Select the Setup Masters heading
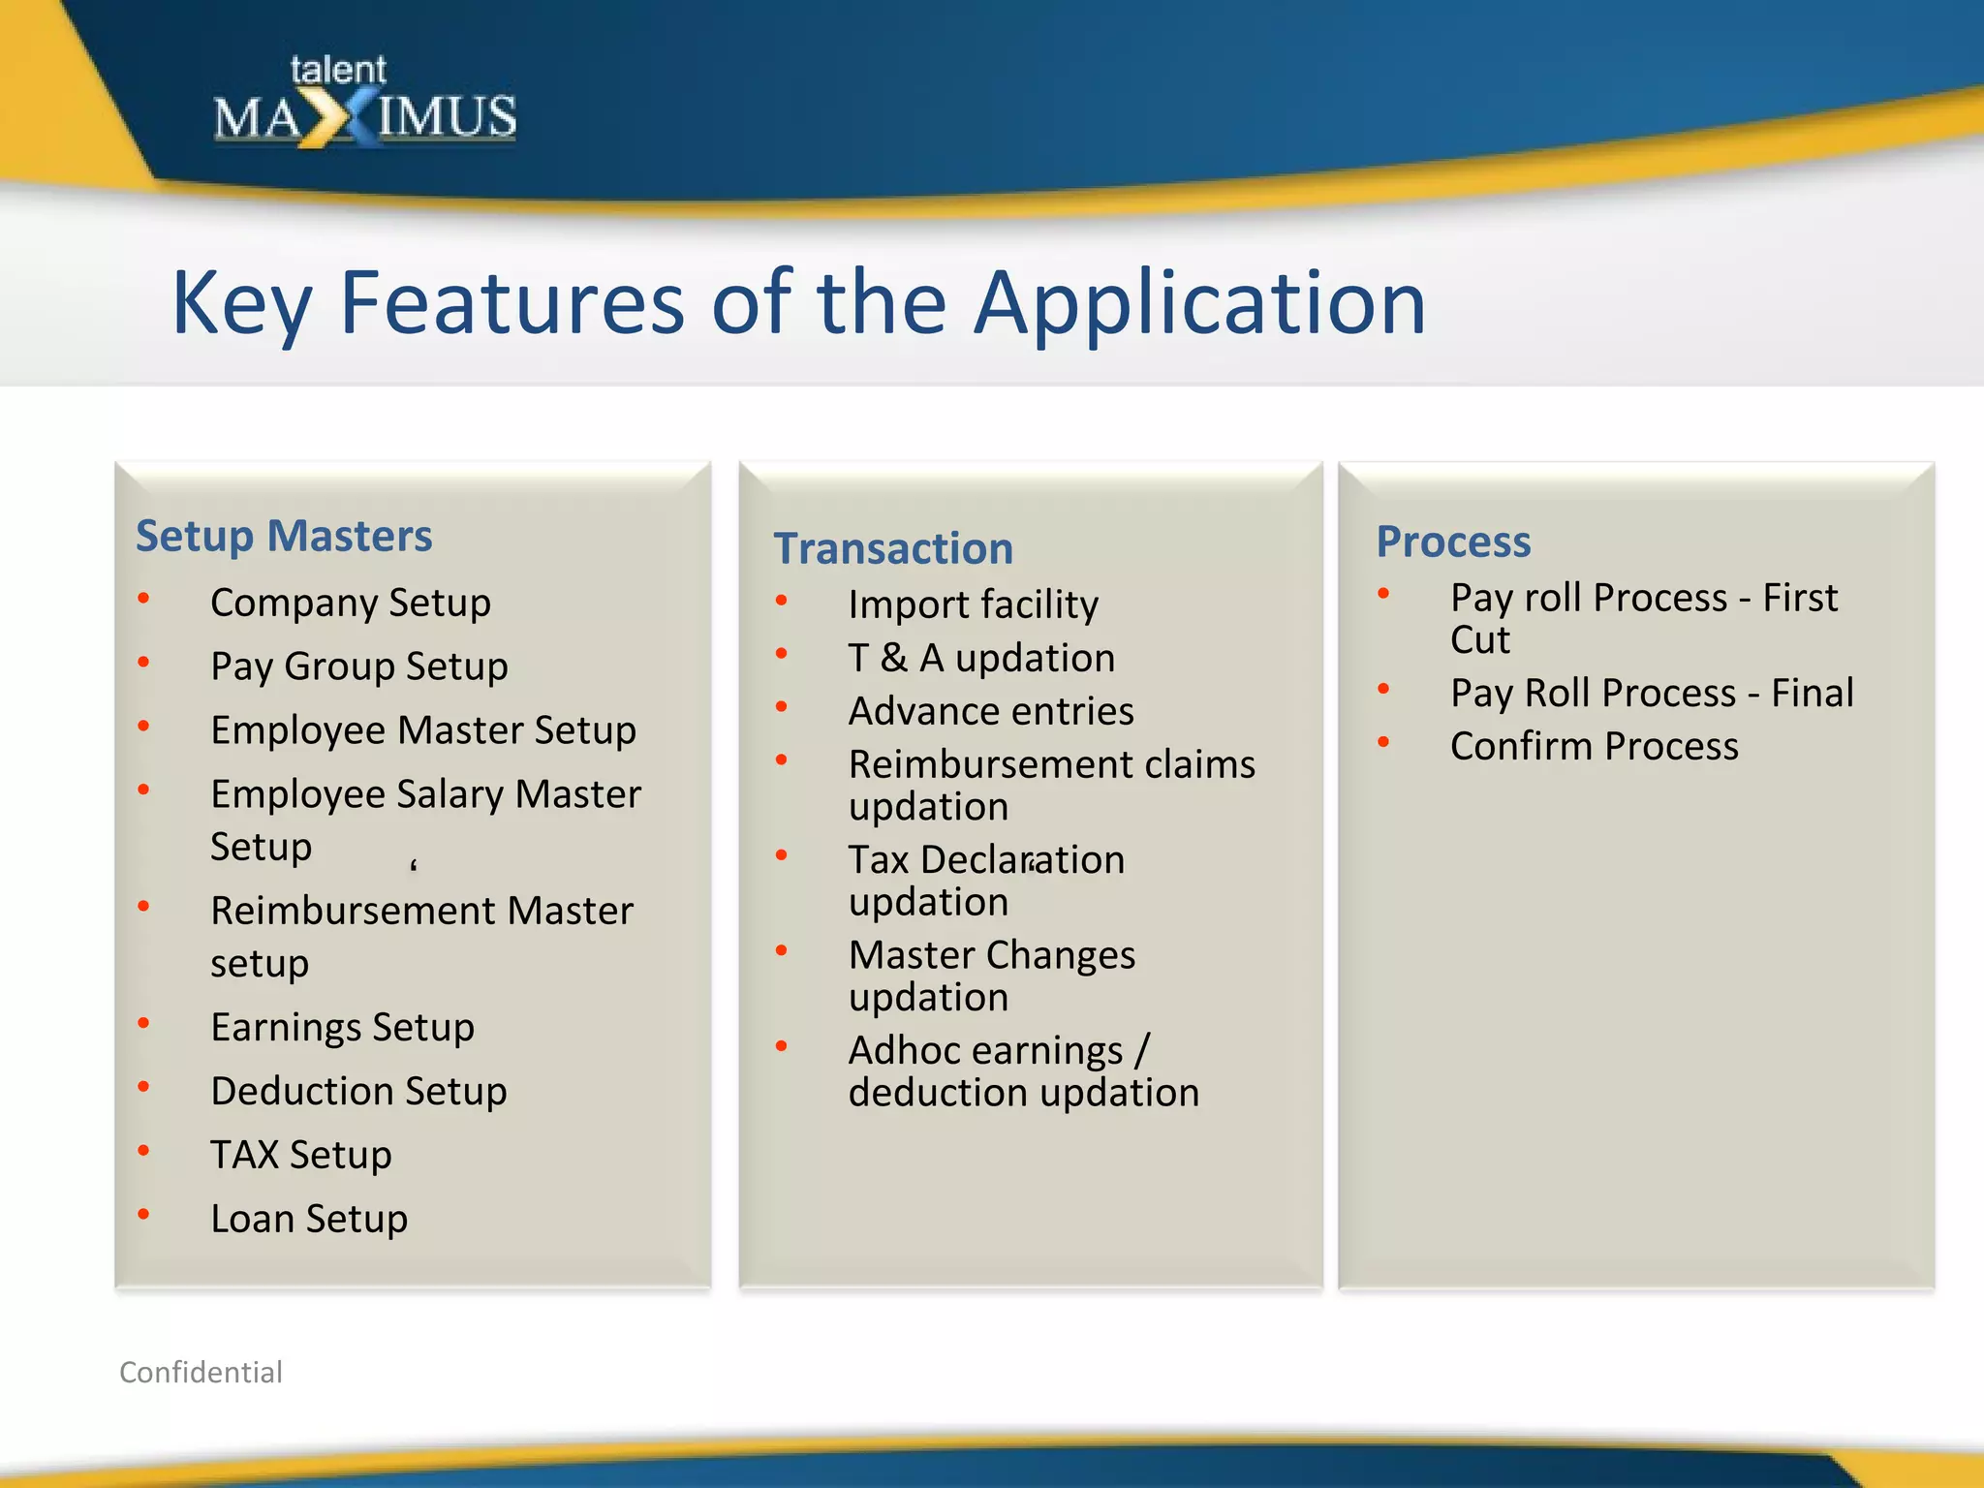[x=284, y=536]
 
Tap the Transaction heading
[x=893, y=548]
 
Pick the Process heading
[x=1453, y=542]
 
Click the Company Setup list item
[x=351, y=603]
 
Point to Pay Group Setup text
[x=359, y=666]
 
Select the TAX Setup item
[x=301, y=1155]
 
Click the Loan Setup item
[x=309, y=1219]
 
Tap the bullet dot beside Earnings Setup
[x=143, y=1022]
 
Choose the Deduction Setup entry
[x=358, y=1091]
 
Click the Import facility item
[x=974, y=604]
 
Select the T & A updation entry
[x=981, y=658]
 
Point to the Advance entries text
[x=991, y=711]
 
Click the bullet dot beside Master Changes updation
[x=781, y=950]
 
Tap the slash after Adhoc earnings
[x=1142, y=1050]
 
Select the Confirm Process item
[x=1594, y=746]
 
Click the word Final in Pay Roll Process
[x=1812, y=693]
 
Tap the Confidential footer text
[x=201, y=1372]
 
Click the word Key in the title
[x=242, y=304]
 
